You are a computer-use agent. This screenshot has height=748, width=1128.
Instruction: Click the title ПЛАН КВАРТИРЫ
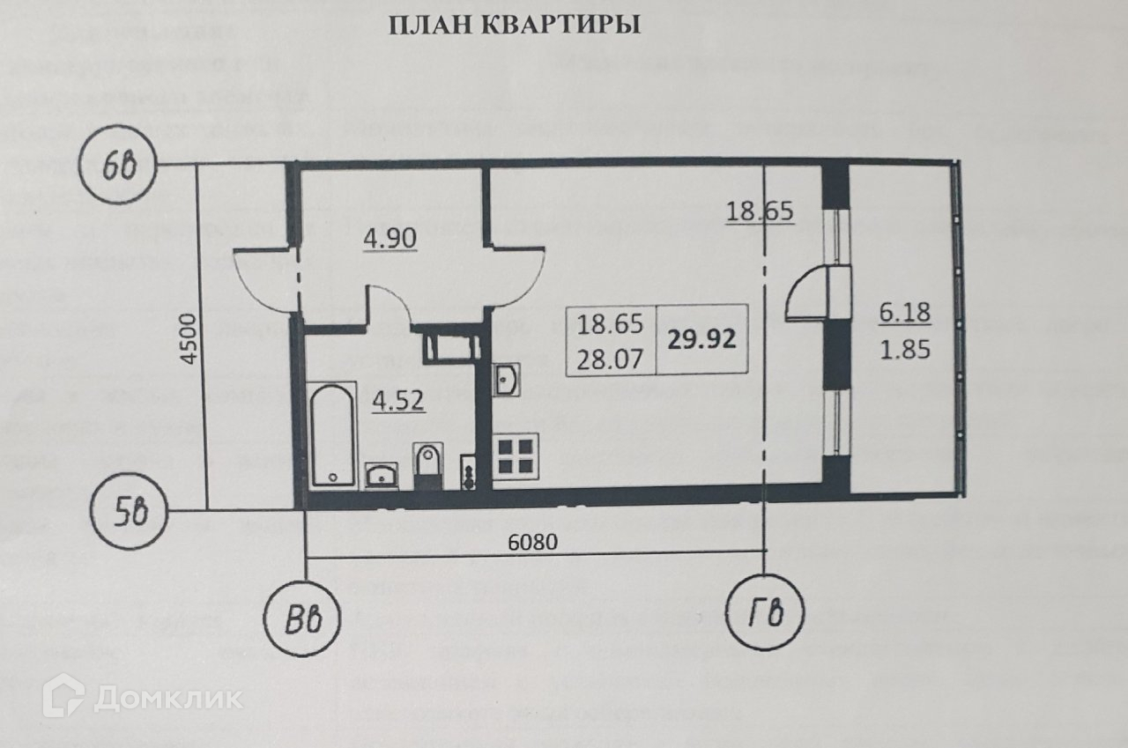click(x=515, y=26)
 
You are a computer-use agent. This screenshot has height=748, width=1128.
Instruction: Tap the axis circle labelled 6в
click(x=115, y=166)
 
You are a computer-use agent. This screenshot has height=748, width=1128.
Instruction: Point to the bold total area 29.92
click(x=701, y=339)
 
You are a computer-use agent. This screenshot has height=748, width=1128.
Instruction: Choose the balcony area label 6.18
click(x=904, y=312)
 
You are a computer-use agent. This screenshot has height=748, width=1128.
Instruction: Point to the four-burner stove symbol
click(x=515, y=457)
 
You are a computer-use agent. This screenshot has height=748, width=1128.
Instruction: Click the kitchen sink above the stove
click(x=507, y=381)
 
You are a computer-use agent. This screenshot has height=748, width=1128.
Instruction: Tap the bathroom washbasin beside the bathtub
click(x=382, y=475)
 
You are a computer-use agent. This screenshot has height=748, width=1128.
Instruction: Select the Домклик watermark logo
click(x=146, y=697)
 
